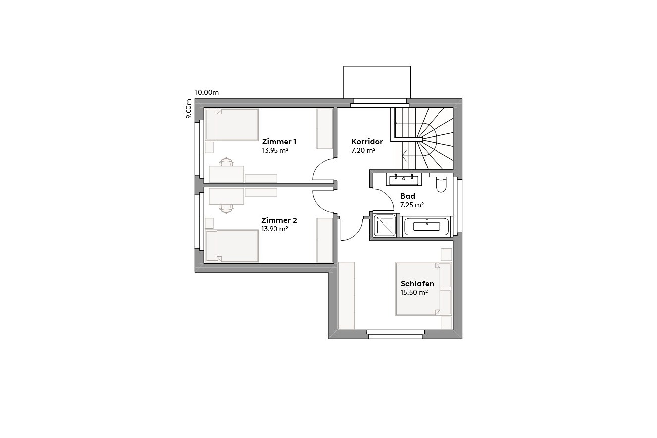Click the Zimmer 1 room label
coord(279,141)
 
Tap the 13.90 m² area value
coord(274,229)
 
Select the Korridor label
coord(367,141)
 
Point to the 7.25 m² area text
coord(412,204)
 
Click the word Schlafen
coord(417,284)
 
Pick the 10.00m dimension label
coord(207,92)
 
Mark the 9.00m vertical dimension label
coord(189,109)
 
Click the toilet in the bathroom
coord(441,184)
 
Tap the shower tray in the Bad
coord(385,226)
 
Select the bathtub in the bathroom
coord(427,226)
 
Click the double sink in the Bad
coord(404,178)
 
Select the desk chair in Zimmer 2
coord(226,209)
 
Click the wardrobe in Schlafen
coord(346,295)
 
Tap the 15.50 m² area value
coord(414,292)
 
